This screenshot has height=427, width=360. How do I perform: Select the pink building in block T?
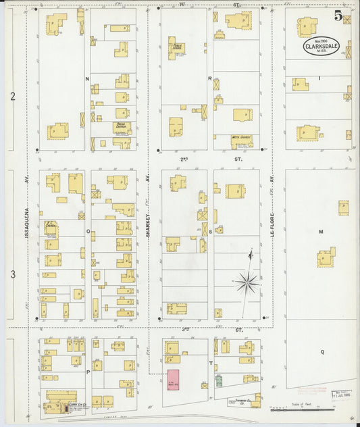click(173, 380)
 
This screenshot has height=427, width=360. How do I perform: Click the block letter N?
click(87, 79)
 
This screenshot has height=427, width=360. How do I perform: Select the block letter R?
click(210, 79)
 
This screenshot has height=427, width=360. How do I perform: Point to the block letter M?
click(321, 231)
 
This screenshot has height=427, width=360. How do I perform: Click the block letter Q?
click(322, 352)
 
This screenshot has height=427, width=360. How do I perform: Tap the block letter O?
click(87, 231)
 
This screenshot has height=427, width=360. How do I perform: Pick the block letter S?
click(210, 231)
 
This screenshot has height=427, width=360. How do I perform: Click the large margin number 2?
click(12, 97)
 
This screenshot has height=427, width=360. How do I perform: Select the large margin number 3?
click(12, 274)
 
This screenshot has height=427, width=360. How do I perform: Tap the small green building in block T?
click(219, 380)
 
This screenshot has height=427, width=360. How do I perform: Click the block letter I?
click(319, 79)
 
